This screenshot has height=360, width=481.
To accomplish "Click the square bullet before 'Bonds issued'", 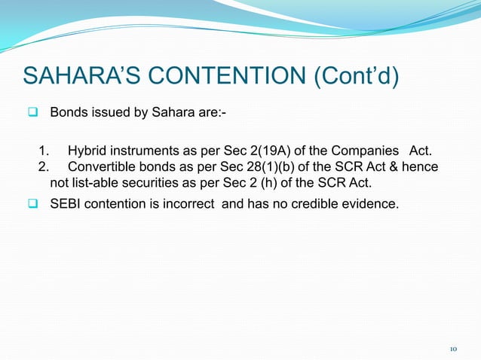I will click(34, 113).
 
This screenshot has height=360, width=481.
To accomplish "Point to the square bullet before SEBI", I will click(34, 202).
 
